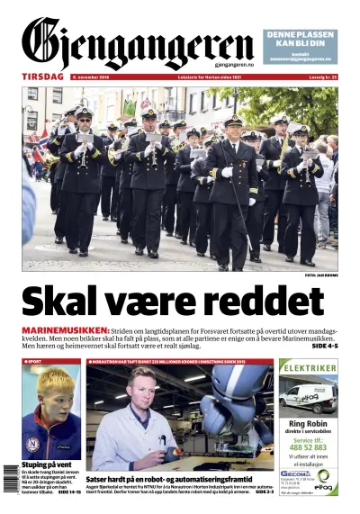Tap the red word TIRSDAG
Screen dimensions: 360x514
[x=42, y=77]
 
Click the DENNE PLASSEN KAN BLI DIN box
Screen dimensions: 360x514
[x=301, y=43]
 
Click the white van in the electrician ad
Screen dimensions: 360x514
[x=306, y=396]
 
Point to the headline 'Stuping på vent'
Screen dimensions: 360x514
[x=47, y=465]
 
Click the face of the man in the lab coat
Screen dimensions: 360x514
[x=139, y=390]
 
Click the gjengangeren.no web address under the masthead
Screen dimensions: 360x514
[x=233, y=65]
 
